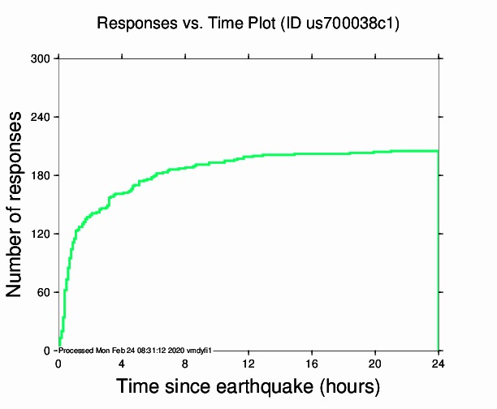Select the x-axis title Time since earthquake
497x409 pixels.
248,385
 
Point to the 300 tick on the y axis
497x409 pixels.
41,58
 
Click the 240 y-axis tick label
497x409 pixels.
41,117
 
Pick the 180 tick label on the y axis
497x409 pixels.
41,175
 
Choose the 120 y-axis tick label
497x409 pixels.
41,234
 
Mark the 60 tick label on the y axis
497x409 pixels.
44,292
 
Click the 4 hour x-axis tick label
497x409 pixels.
122,363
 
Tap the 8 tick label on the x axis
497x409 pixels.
185,363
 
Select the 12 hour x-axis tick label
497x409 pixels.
248,363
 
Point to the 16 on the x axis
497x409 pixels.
312,363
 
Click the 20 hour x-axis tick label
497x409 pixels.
375,363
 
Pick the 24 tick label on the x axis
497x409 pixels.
439,363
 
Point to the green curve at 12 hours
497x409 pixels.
248,157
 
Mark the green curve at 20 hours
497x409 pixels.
375,152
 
